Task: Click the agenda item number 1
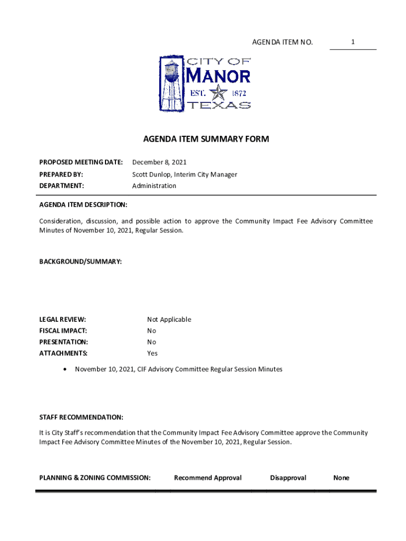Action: [x=353, y=42]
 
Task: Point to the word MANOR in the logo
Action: [x=219, y=77]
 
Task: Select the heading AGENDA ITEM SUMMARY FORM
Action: [x=206, y=139]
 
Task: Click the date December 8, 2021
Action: [x=159, y=162]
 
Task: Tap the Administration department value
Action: [x=154, y=186]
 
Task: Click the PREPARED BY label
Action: [x=61, y=174]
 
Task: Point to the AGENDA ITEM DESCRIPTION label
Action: [x=83, y=204]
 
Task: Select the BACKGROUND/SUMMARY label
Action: [x=81, y=262]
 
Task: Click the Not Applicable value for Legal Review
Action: [x=169, y=320]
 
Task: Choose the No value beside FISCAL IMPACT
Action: [x=152, y=331]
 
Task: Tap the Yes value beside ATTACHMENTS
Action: [x=152, y=353]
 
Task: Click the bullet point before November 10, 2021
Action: [x=64, y=369]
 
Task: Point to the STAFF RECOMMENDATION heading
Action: [x=81, y=417]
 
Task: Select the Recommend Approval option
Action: [x=208, y=478]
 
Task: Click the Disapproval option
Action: [x=288, y=478]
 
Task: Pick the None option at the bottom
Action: [x=341, y=478]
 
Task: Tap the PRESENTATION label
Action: [x=64, y=342]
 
